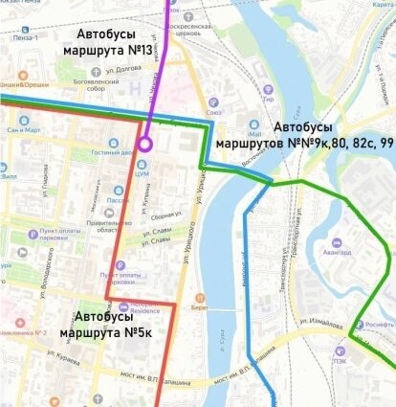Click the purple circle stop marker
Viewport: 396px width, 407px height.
tap(144, 144)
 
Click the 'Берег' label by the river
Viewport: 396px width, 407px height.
tap(199, 308)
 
